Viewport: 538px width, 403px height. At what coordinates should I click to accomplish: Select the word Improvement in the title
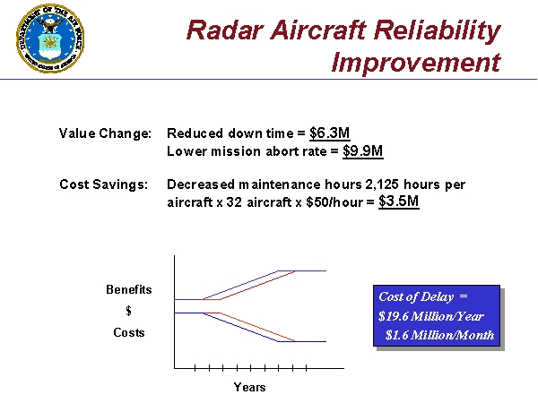click(415, 63)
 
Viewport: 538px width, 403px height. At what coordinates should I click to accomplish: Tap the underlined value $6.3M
click(329, 133)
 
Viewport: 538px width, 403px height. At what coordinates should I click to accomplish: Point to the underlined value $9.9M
click(363, 150)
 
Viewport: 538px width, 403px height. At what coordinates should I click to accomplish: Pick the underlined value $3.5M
click(399, 201)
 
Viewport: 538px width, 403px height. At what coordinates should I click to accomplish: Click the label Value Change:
click(105, 133)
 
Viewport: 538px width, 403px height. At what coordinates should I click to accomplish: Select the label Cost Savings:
click(103, 184)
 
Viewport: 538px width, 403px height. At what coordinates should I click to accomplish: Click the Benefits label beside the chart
click(129, 289)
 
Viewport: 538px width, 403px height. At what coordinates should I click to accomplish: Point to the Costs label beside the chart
click(129, 332)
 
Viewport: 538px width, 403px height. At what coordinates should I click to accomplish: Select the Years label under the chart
click(249, 387)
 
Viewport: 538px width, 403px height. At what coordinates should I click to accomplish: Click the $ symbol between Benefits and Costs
click(129, 311)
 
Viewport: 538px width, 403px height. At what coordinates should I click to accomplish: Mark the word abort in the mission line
click(268, 151)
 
